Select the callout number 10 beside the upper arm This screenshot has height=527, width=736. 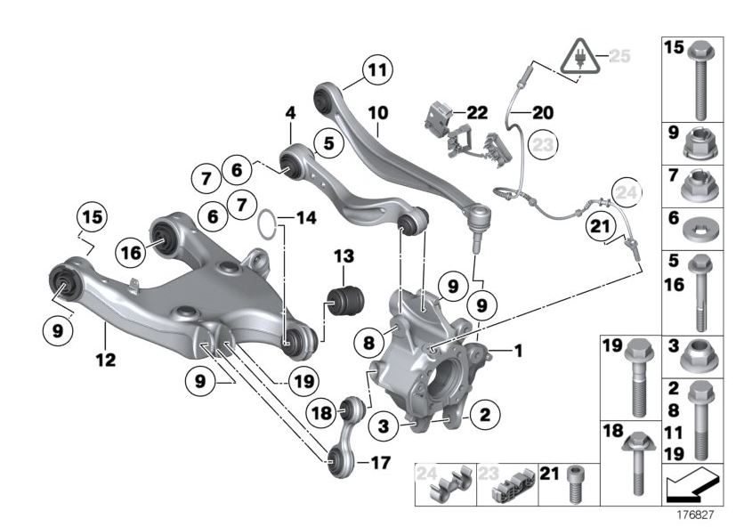377,113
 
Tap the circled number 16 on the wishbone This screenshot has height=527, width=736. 131,253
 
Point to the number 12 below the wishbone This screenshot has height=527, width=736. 106,361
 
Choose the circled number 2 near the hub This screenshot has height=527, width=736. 484,414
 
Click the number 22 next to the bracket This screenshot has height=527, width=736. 477,112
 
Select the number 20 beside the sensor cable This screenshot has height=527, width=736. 542,113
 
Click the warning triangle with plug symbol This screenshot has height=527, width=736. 578,57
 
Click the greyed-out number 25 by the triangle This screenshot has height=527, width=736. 619,55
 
